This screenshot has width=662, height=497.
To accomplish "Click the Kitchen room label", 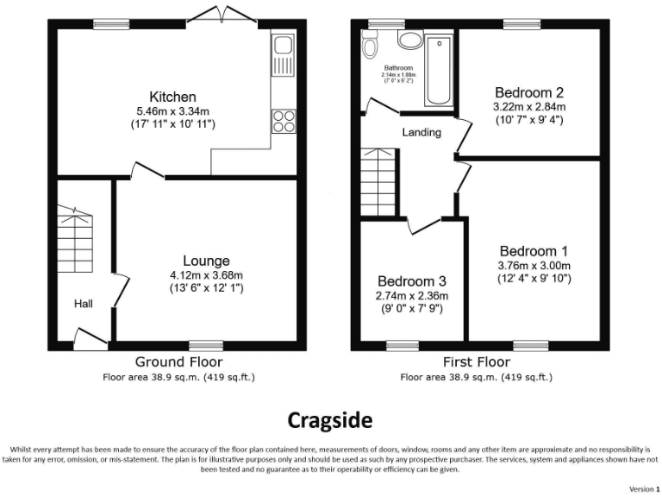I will (172, 97).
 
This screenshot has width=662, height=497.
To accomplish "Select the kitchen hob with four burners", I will (282, 121).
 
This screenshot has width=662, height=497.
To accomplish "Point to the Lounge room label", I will (206, 261).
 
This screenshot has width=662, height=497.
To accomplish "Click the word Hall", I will (84, 304).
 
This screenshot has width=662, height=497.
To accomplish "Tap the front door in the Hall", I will (86, 337).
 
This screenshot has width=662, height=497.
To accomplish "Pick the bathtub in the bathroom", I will (440, 70).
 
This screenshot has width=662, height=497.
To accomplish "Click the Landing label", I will (422, 133).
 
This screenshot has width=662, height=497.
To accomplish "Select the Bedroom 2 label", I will (529, 92).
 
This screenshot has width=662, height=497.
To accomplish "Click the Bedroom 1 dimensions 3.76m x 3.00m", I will (534, 265).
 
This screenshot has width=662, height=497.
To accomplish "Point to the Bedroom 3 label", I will (412, 281).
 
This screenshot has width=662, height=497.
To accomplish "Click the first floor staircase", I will (378, 181).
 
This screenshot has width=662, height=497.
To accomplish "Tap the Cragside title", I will (330, 420).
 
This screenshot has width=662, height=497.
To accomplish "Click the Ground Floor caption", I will (178, 362).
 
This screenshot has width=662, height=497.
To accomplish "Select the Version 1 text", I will (642, 489).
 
